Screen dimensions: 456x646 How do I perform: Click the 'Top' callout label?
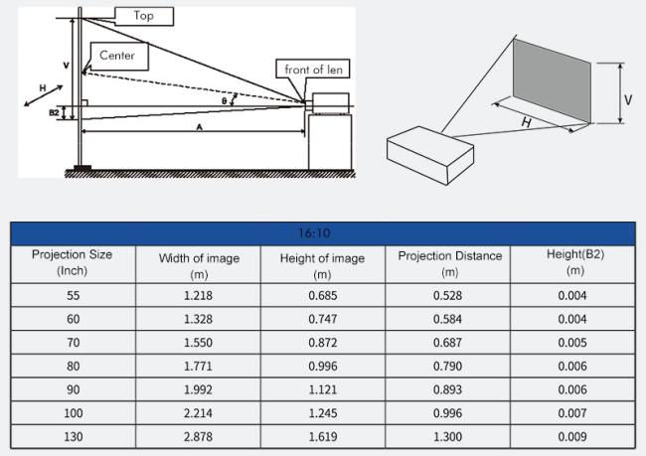(144, 16)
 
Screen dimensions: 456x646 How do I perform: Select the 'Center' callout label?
(117, 55)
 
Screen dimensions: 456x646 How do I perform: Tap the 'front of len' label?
(313, 69)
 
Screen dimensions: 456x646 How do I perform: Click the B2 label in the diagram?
(54, 112)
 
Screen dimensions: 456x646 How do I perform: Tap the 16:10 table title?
(322, 233)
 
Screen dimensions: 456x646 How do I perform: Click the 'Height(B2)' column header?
(574, 263)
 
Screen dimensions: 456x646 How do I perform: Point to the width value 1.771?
(199, 366)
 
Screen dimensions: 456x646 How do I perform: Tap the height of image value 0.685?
(321, 296)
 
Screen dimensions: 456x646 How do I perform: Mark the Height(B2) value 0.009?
(574, 436)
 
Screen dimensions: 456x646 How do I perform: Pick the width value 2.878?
(199, 436)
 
